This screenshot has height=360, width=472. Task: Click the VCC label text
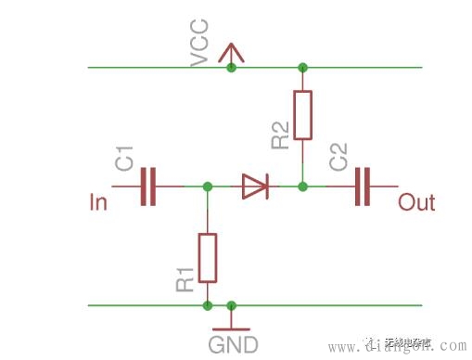click(199, 45)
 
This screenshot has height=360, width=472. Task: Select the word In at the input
click(97, 201)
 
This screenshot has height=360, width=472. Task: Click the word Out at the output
click(416, 201)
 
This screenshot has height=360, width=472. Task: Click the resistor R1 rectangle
click(208, 258)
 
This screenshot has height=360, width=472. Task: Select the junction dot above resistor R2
click(302, 68)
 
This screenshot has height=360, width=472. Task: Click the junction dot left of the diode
click(208, 186)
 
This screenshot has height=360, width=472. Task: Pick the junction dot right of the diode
click(302, 186)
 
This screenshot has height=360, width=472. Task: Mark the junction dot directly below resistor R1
click(208, 304)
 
